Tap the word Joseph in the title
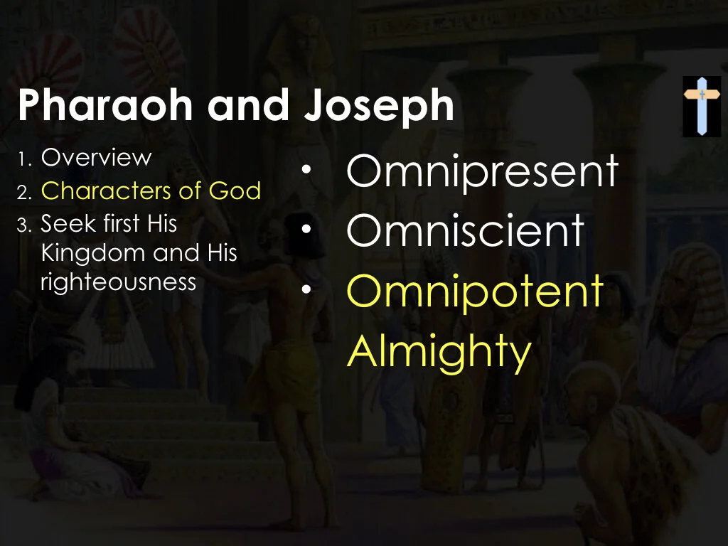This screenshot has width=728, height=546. [x=378, y=107]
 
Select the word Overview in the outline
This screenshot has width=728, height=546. [x=96, y=158]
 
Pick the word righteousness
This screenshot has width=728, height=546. [x=118, y=282]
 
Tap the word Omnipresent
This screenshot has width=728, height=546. [x=482, y=172]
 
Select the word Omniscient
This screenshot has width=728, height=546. [x=465, y=230]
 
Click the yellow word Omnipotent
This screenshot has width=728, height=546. [x=475, y=291]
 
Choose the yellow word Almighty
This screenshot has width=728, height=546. [x=439, y=350]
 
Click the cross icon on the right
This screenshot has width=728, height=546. [x=701, y=106]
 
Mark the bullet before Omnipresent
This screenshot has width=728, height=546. [x=306, y=171]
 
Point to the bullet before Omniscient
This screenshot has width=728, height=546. [x=306, y=230]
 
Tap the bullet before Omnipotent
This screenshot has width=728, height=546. [x=306, y=291]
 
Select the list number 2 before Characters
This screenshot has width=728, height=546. [x=23, y=192]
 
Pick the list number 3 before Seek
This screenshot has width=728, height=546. [x=23, y=225]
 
